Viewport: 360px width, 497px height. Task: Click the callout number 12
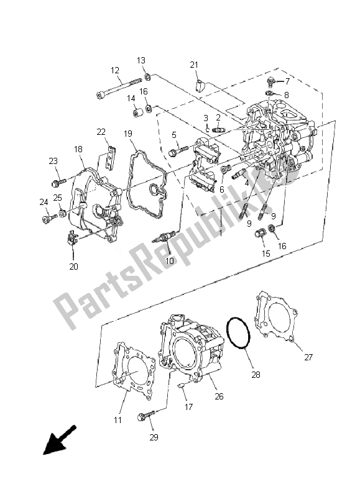click(115, 70)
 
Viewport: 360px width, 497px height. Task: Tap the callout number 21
click(194, 65)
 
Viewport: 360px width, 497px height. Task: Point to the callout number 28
click(256, 375)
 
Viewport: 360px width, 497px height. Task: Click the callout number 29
click(153, 437)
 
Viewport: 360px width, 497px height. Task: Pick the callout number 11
click(118, 420)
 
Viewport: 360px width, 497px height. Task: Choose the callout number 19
click(127, 134)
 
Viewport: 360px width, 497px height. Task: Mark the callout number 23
click(53, 162)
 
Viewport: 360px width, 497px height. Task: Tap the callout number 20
click(74, 267)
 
